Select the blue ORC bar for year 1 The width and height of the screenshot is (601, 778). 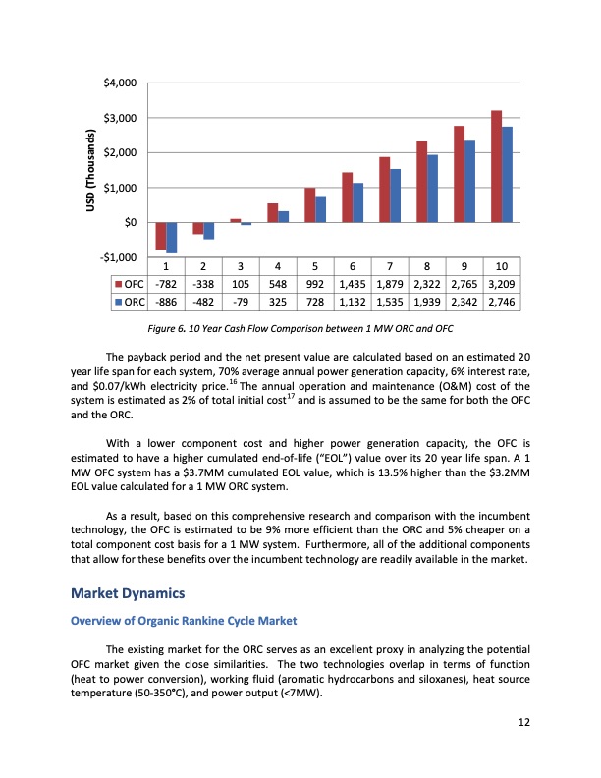pyautogui.click(x=171, y=238)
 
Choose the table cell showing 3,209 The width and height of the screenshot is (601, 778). pyautogui.click(x=502, y=284)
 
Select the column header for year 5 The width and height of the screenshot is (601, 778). pyautogui.click(x=315, y=266)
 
